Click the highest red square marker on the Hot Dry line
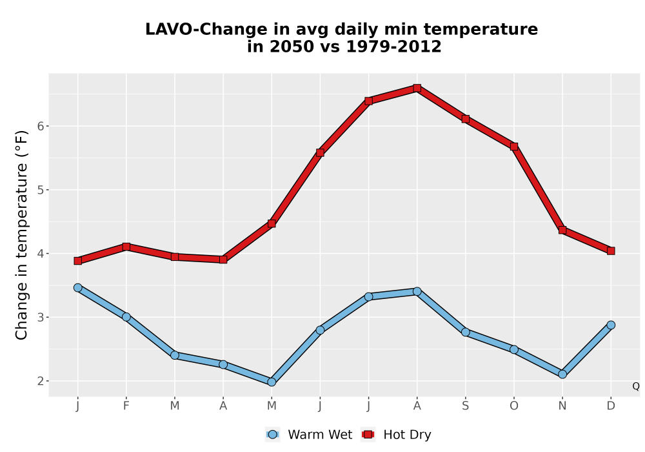[417, 88]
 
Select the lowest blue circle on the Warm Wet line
[272, 382]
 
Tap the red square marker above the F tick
[126, 247]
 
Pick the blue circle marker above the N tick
[562, 375]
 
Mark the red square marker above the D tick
[611, 251]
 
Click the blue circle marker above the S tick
[465, 332]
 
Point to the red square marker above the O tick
[514, 147]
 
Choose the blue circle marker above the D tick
[611, 325]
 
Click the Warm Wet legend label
[320, 435]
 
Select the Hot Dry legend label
[407, 435]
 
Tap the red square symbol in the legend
[368, 435]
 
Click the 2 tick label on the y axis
[40, 381]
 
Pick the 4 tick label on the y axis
[40, 254]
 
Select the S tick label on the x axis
[465, 406]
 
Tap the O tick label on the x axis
[514, 406]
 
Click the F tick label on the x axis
[126, 406]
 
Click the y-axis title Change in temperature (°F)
[21, 235]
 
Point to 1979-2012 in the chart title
[393, 46]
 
